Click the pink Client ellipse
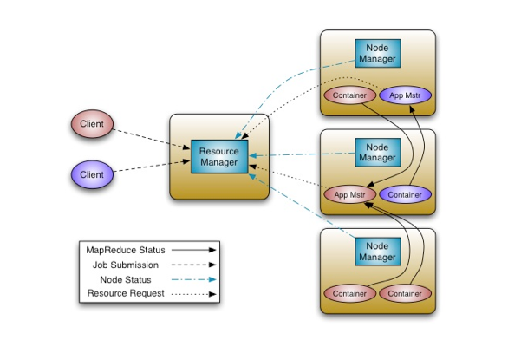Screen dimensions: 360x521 tap(92, 124)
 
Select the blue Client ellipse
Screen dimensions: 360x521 tap(92, 174)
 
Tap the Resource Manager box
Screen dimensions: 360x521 tap(218, 157)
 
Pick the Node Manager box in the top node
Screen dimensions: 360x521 tap(377, 54)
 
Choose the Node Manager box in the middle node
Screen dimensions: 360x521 tap(377, 153)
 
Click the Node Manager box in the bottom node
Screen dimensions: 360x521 tap(377, 252)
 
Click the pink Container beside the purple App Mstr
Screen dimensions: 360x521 tap(349, 95)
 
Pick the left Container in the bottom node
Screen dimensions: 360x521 tap(349, 293)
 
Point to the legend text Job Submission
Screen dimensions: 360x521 tap(130, 265)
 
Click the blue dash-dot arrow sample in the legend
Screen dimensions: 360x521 tap(194, 279)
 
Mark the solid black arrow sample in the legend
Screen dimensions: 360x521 tap(194, 251)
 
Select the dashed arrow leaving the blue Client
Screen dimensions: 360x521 tap(152, 167)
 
